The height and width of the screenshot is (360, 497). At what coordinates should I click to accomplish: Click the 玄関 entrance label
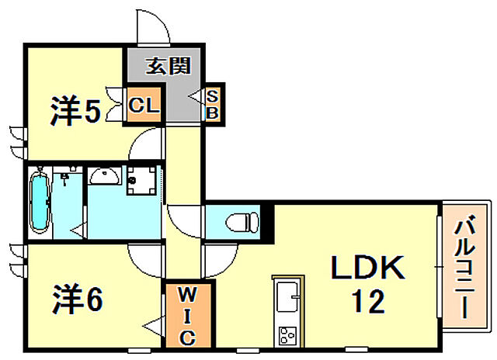169,66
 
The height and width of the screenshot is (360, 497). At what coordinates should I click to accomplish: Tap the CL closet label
144,105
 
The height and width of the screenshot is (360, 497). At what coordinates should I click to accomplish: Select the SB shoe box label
212,105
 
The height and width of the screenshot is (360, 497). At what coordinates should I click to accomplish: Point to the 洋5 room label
76,112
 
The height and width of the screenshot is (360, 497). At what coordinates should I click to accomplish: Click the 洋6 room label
78,299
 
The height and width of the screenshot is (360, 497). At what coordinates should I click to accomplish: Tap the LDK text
367,268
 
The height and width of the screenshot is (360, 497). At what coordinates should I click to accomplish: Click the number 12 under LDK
367,301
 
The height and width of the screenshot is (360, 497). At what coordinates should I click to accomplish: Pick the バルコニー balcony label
464,266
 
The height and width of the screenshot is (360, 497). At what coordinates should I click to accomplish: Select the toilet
242,222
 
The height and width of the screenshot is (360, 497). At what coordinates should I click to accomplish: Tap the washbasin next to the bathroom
104,176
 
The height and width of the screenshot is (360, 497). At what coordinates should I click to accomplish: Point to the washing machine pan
141,180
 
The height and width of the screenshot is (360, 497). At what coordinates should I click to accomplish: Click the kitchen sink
287,296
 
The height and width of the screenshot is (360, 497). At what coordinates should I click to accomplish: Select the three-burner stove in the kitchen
287,336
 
